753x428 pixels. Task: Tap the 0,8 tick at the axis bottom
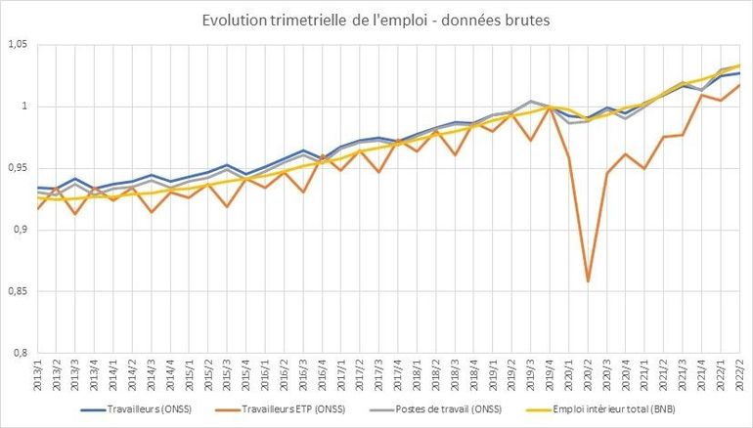[x=19, y=353]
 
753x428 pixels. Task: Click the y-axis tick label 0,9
[x=19, y=230]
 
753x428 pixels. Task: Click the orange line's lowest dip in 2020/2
[x=588, y=281]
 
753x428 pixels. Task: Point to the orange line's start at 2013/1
[x=38, y=209]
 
